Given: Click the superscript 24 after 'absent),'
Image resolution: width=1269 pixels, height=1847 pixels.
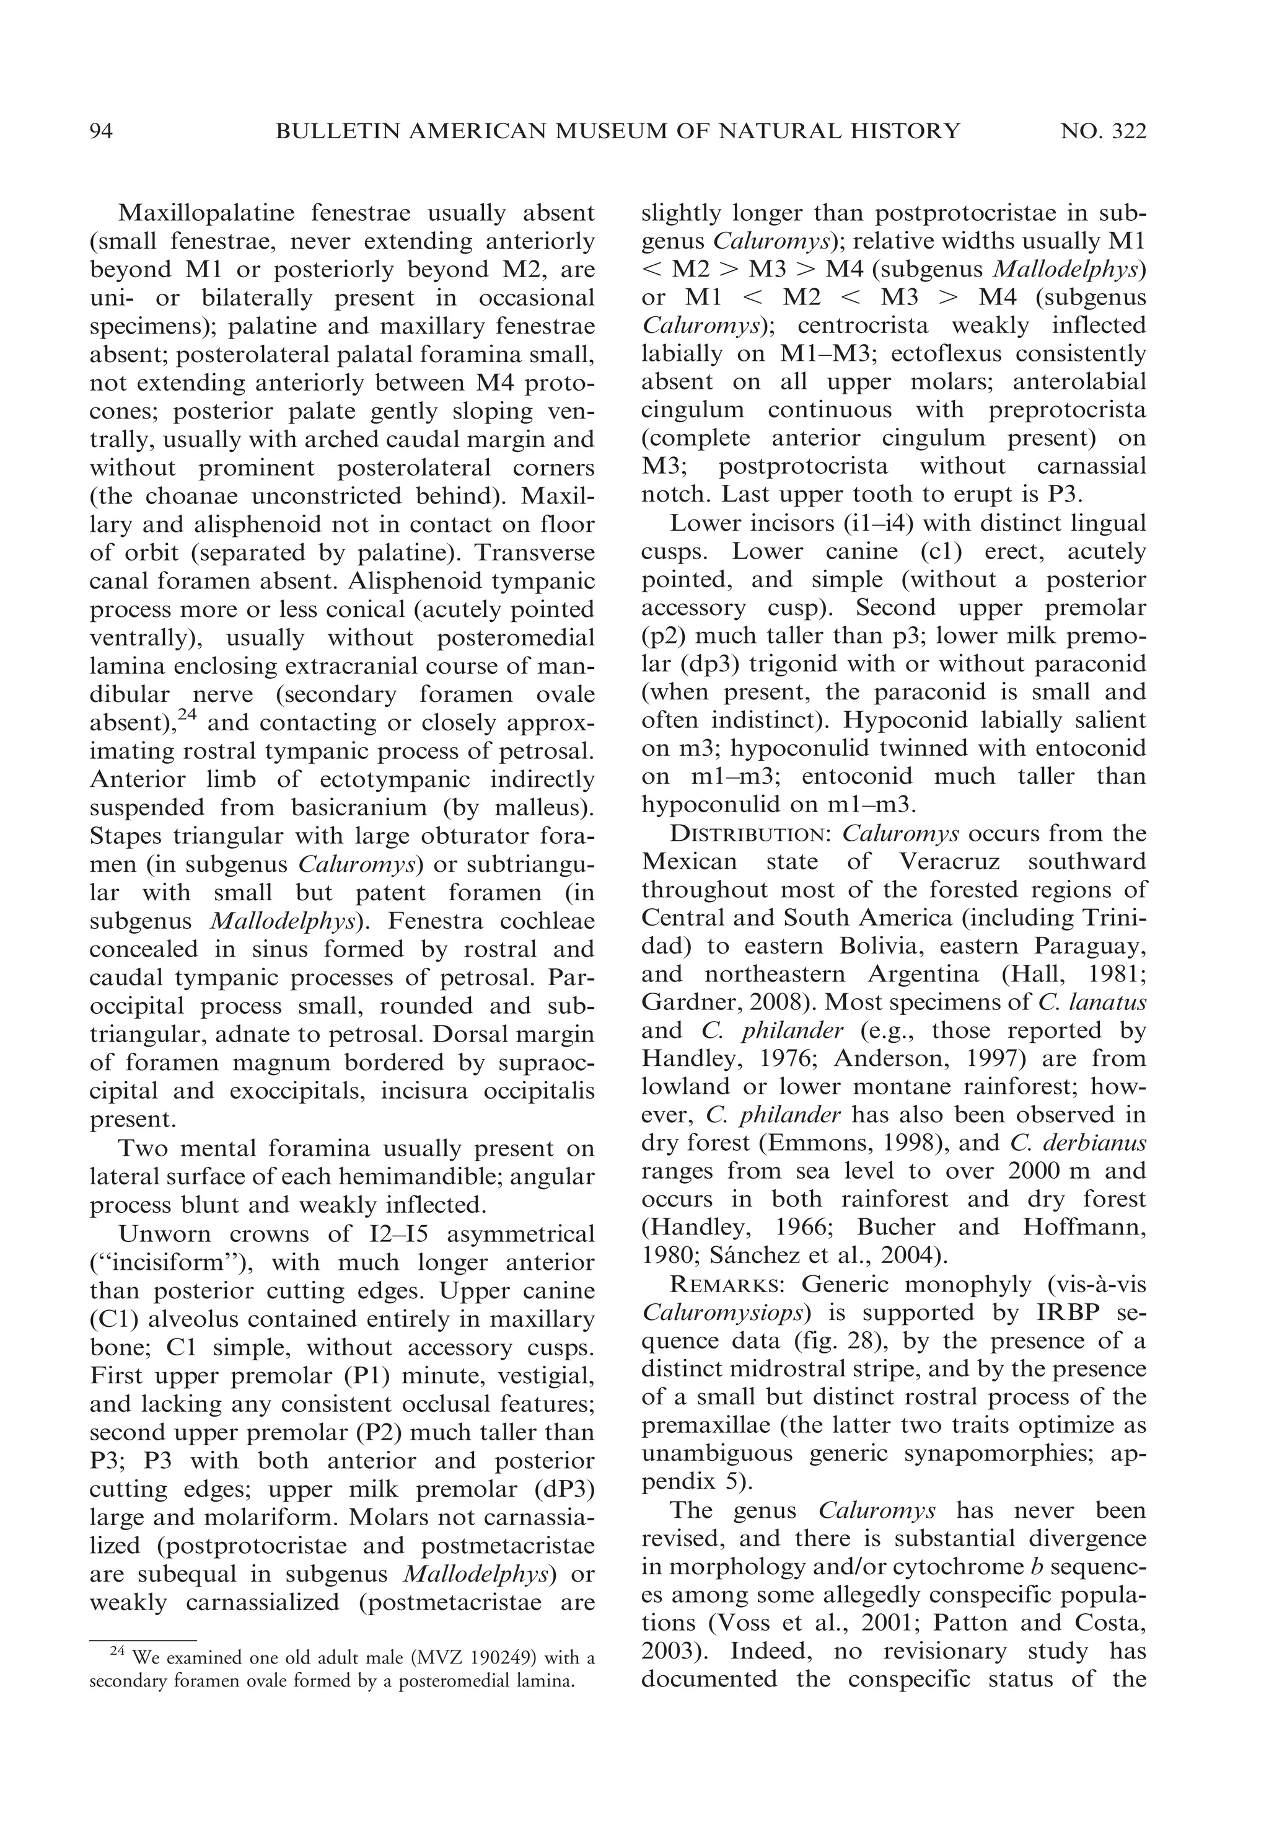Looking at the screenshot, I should pyautogui.click(x=187, y=715).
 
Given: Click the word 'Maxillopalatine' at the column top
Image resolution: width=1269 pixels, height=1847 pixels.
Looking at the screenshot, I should pyautogui.click(x=206, y=213).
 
